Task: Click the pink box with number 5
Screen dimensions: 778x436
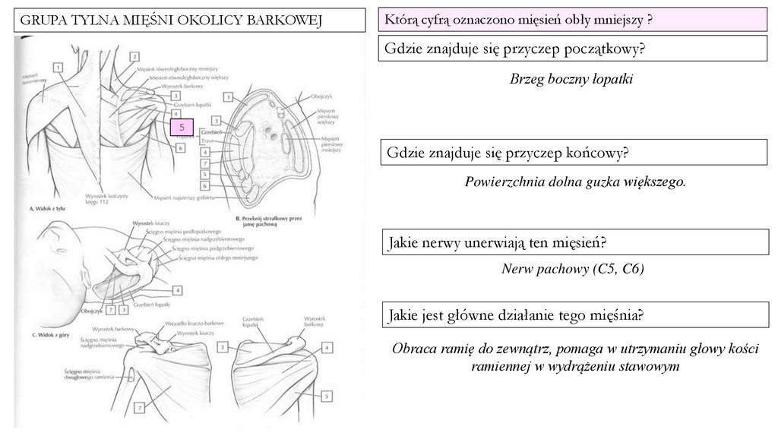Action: (x=182, y=127)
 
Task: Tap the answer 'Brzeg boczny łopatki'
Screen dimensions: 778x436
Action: (x=571, y=79)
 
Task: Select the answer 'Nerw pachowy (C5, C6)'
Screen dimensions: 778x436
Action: (x=572, y=269)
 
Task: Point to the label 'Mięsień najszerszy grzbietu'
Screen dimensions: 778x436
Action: (x=182, y=197)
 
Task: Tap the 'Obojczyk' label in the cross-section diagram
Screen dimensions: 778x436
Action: (x=321, y=97)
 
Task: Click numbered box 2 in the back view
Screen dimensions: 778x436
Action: (x=133, y=55)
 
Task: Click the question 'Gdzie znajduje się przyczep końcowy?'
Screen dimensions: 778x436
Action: (x=508, y=153)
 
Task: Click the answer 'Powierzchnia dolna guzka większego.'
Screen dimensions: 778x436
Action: (x=575, y=182)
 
